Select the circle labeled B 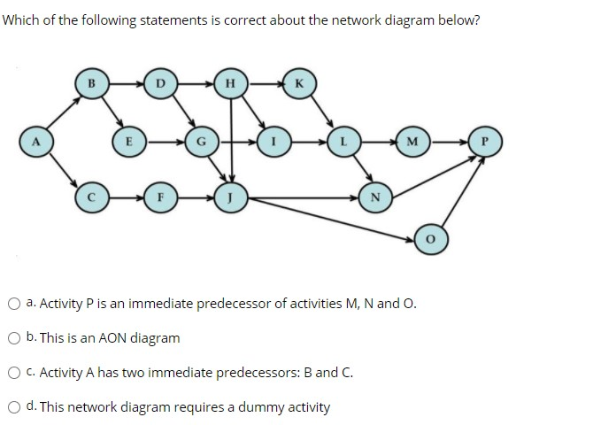pos(89,84)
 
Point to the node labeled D pos(160,84)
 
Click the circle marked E pos(128,140)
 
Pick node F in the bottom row pos(161,197)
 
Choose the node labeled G pos(200,140)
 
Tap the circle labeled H pos(230,84)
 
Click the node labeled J pos(230,197)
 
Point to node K pos(298,84)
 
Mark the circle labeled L pos(343,140)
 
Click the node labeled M pos(413,140)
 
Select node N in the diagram pos(376,197)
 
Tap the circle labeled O pos(429,237)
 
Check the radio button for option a pos(15,305)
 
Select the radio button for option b pos(15,338)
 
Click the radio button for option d pos(15,407)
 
